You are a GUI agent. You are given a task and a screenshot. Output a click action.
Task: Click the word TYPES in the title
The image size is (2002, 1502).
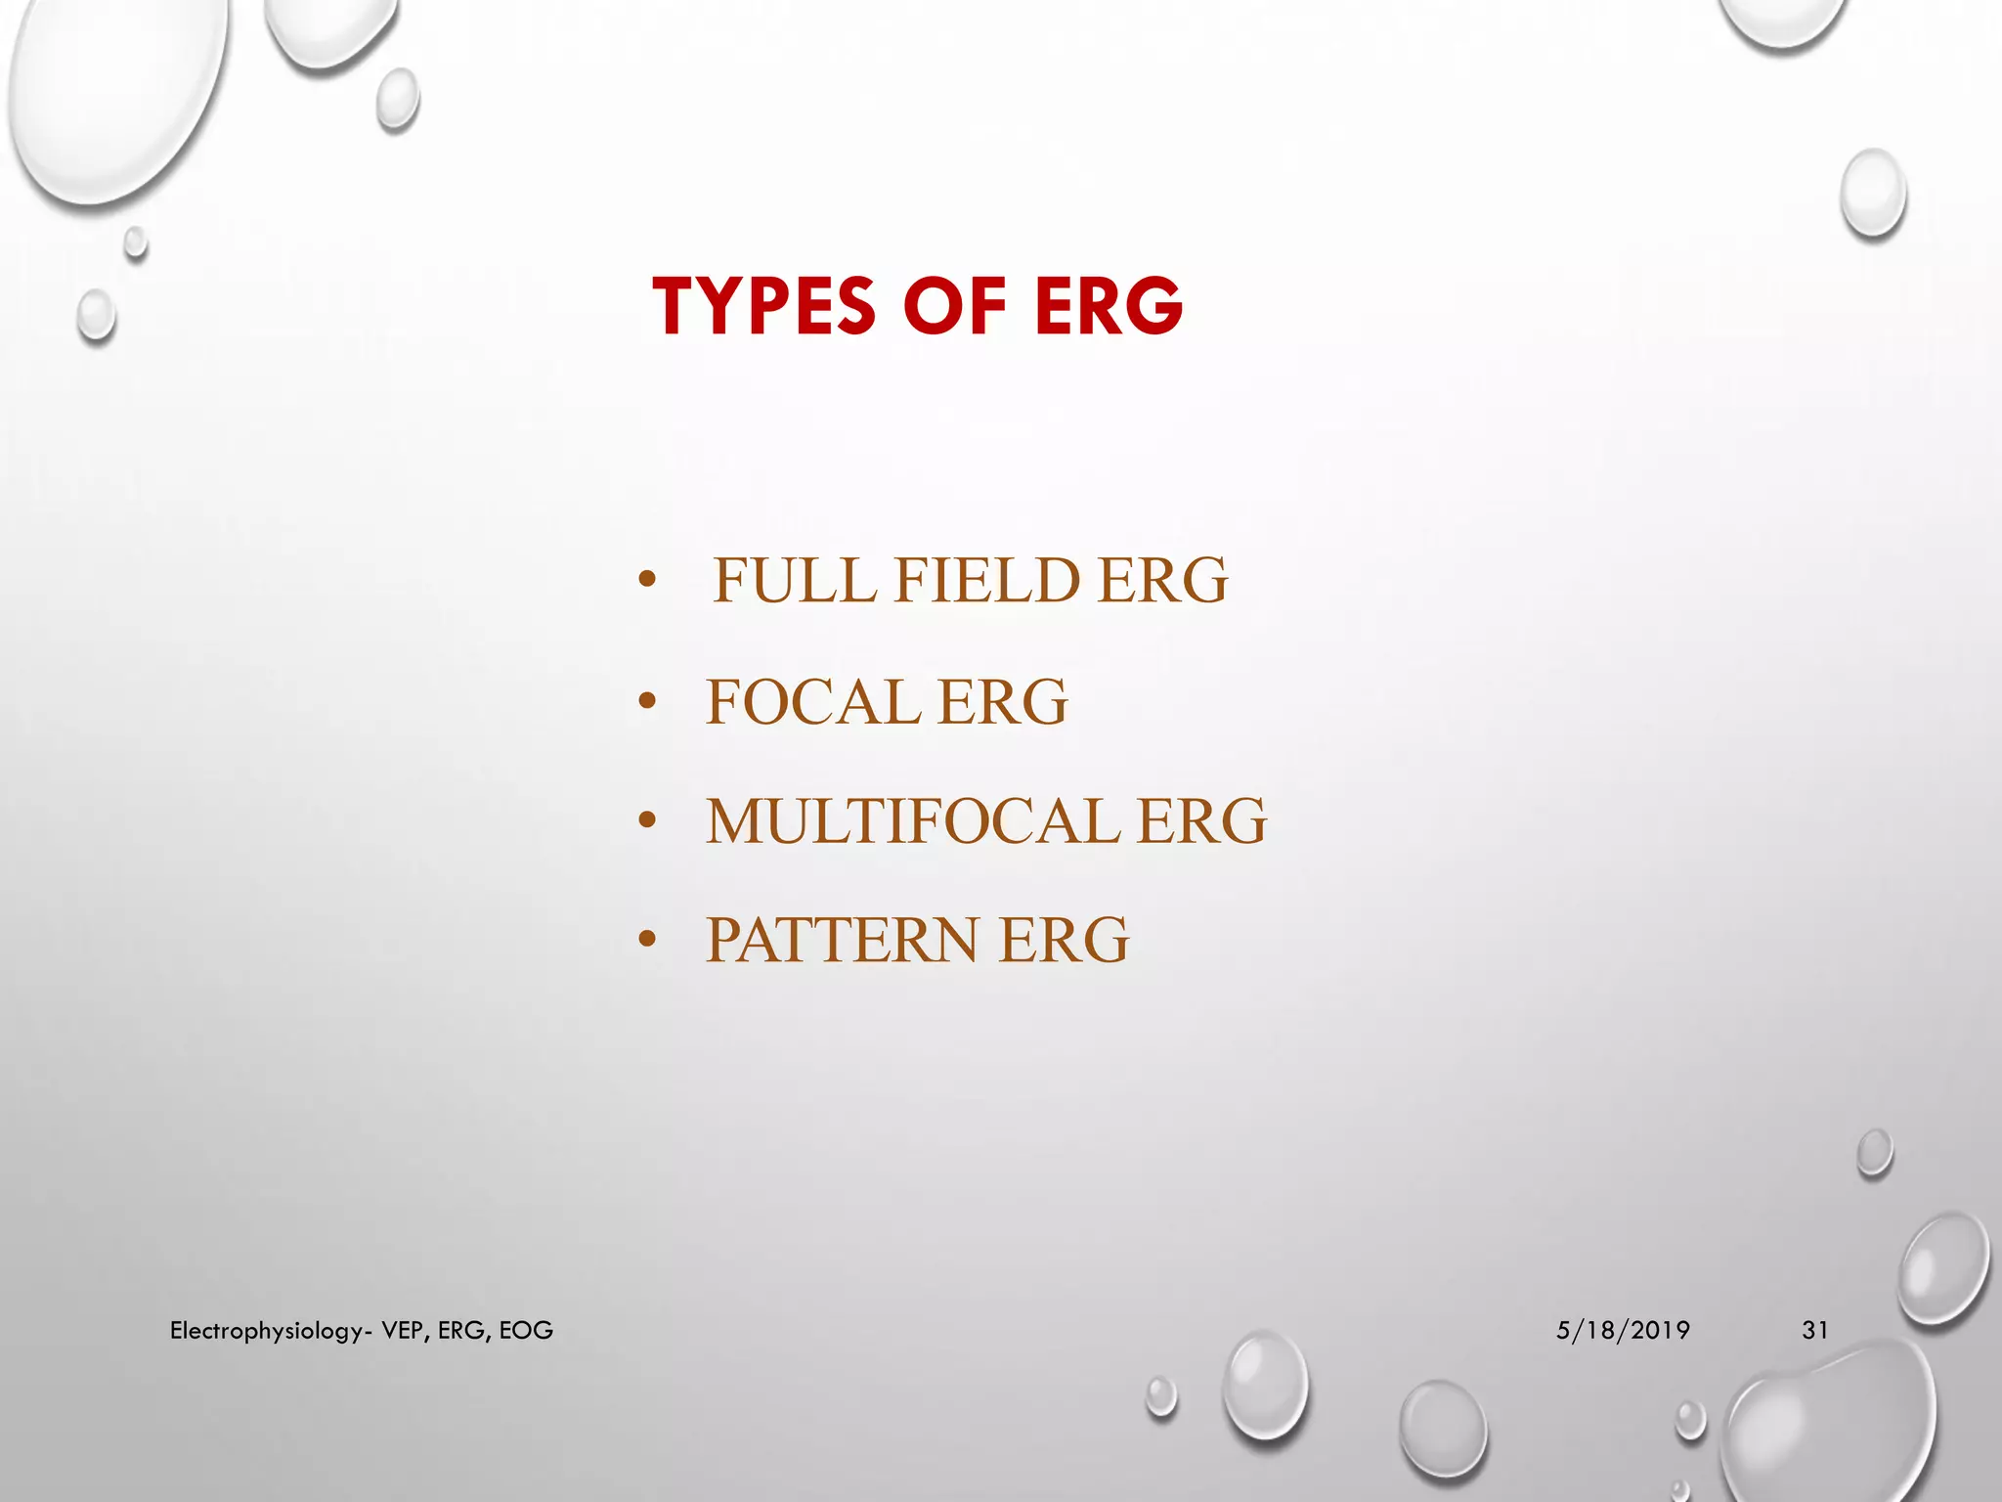click(x=764, y=306)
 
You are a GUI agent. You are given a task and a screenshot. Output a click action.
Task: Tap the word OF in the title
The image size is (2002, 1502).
click(x=955, y=306)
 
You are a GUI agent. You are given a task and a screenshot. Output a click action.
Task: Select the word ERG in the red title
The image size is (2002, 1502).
click(x=1109, y=306)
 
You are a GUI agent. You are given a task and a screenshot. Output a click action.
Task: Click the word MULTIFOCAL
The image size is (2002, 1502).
click(x=913, y=820)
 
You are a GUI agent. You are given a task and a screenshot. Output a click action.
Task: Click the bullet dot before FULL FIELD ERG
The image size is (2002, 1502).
click(x=646, y=580)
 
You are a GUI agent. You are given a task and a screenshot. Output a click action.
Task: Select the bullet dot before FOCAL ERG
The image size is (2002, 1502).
click(x=646, y=701)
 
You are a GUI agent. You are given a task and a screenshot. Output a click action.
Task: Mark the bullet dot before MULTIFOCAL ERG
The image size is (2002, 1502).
click(x=646, y=820)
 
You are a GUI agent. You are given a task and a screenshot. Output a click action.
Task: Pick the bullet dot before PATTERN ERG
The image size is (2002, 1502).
click(x=646, y=940)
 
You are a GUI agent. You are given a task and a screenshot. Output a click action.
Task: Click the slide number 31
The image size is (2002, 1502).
click(x=1815, y=1330)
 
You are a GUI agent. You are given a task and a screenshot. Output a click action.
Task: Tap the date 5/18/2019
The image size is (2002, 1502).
click(x=1623, y=1330)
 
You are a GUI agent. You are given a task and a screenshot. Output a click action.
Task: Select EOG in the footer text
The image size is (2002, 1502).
click(x=526, y=1330)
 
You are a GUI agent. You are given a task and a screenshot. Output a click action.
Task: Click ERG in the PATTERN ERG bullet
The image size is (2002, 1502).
click(x=1064, y=940)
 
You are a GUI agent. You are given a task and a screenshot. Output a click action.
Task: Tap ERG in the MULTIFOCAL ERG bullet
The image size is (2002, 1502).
click(x=1201, y=820)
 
